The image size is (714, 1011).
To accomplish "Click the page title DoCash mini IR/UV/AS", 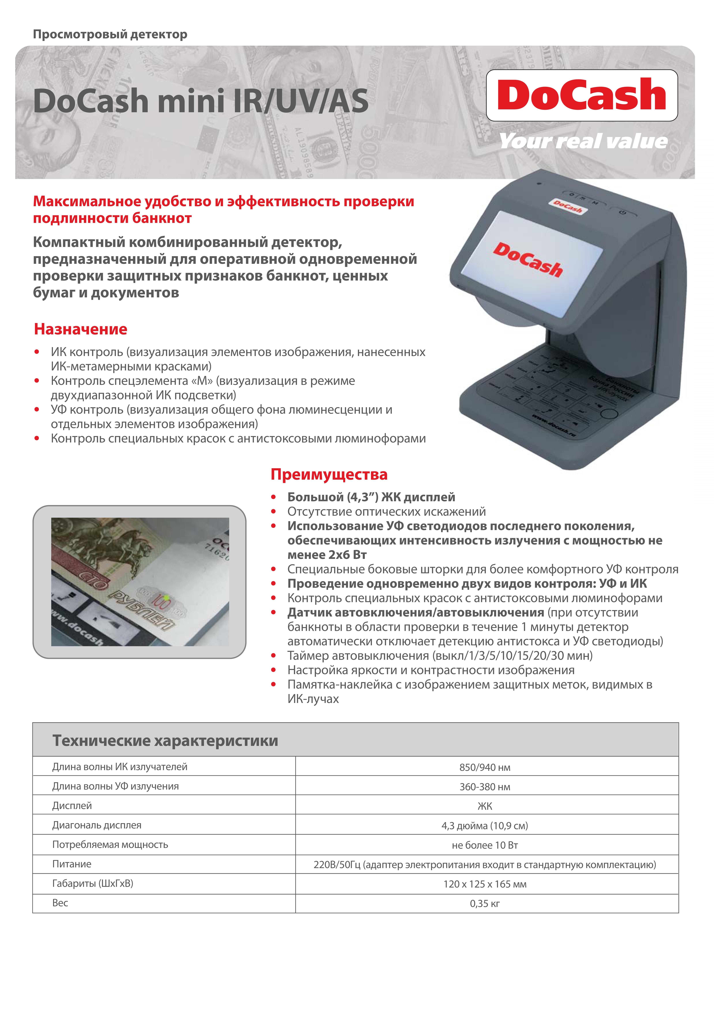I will (x=201, y=101).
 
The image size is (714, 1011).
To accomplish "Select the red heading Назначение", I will (x=80, y=329).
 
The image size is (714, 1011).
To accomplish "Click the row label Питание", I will (x=72, y=864).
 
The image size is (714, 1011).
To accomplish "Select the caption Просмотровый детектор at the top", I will (x=110, y=34).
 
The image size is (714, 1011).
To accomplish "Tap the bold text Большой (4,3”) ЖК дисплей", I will (x=371, y=497).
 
